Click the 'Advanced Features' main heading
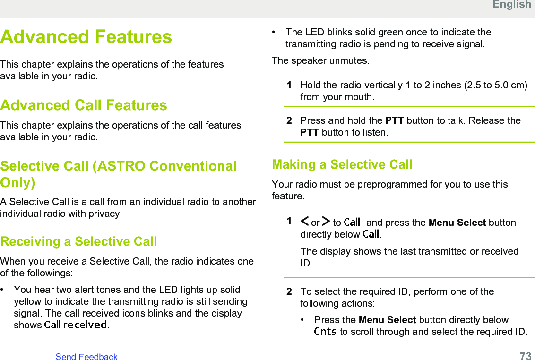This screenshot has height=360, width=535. (86, 37)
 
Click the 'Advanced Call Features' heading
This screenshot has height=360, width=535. (84, 105)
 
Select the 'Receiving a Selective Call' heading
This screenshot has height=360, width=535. (78, 241)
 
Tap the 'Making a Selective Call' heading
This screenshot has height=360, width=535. (342, 164)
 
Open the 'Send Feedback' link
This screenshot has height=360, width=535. (86, 357)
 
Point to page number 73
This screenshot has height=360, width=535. (526, 356)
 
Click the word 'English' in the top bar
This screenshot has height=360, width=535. (512, 4)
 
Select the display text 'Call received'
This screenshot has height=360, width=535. (76, 325)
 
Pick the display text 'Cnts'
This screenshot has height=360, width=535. (325, 331)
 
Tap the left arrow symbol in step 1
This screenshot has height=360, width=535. (305, 221)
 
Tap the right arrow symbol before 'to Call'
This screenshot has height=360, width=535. (326, 221)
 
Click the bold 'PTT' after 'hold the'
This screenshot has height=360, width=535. (395, 120)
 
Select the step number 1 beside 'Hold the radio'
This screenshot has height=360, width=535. (289, 85)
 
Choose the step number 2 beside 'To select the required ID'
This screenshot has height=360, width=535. (289, 291)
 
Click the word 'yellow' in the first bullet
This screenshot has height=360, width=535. (29, 301)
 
